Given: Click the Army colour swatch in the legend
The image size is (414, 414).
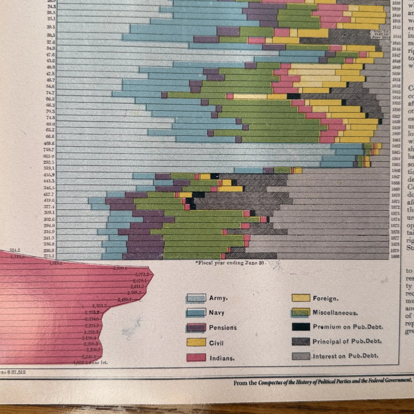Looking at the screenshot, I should tap(196, 298).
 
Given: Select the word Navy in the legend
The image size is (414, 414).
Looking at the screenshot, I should tap(217, 313).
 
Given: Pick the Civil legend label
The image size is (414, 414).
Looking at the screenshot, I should tap(216, 343).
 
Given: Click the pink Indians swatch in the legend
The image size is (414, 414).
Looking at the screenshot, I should tap(196, 358).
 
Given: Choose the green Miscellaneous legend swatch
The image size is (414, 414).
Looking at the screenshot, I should tap(301, 312).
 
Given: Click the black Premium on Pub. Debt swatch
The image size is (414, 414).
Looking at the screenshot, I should tap(301, 327).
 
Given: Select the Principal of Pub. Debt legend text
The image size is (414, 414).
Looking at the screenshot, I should tap(347, 341).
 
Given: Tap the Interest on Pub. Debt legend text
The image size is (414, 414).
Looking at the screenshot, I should tap(346, 356).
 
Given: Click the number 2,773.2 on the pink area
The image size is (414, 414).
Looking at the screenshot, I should tap(143, 274).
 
